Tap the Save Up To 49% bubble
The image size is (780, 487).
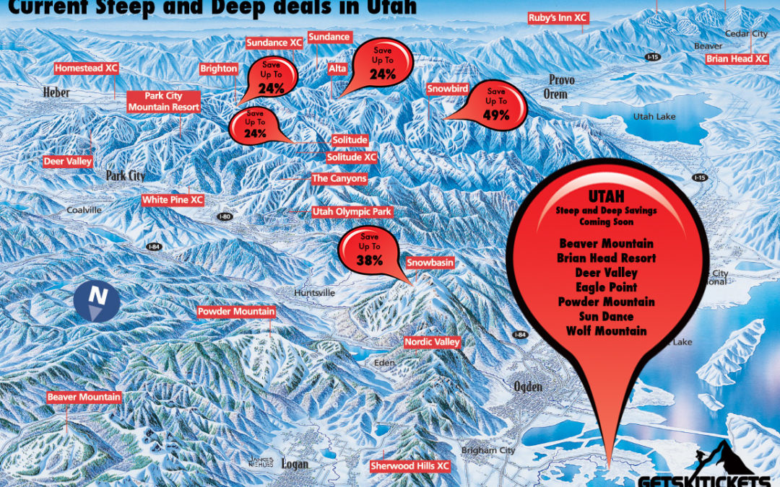[x=496, y=102]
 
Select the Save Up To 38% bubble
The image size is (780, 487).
[x=369, y=250]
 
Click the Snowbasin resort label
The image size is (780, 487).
[x=430, y=263]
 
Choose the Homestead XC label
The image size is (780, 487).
[x=87, y=69]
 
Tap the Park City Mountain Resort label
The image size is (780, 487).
[x=155, y=102]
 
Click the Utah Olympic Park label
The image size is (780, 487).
[x=352, y=212]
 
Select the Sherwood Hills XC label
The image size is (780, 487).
[x=409, y=466]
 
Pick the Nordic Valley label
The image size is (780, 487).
[x=432, y=342]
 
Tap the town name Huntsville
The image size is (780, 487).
[x=315, y=293]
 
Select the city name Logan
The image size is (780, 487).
[x=295, y=464]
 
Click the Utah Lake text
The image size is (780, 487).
[x=654, y=116]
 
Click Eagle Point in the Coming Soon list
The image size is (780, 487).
[x=606, y=287]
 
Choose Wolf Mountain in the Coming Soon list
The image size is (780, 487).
[x=606, y=331]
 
